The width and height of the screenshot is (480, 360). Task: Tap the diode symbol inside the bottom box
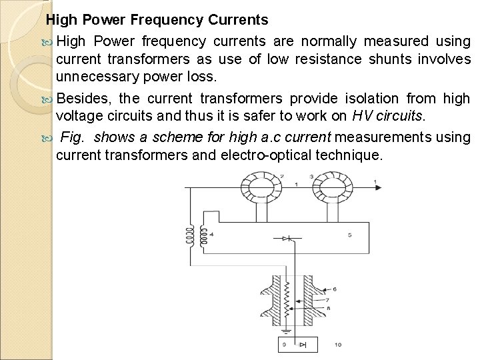pos(304,345)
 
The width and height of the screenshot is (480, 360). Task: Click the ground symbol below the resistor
pos(287,331)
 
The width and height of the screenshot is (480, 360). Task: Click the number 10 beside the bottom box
pos(337,345)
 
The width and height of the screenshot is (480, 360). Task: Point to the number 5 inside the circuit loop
pos(350,235)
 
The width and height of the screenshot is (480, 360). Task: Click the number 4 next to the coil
pos(211,234)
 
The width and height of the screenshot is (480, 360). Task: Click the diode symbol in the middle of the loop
pos(287,238)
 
